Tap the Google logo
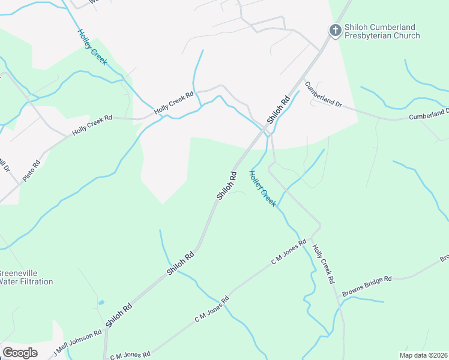pos(20,352)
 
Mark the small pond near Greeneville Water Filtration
pos(101,302)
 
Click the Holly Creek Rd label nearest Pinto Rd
pos(92,125)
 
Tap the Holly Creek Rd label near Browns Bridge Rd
pos(323,263)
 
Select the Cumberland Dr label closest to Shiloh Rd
pos(323,95)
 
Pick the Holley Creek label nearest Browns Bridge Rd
pos(263,188)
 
